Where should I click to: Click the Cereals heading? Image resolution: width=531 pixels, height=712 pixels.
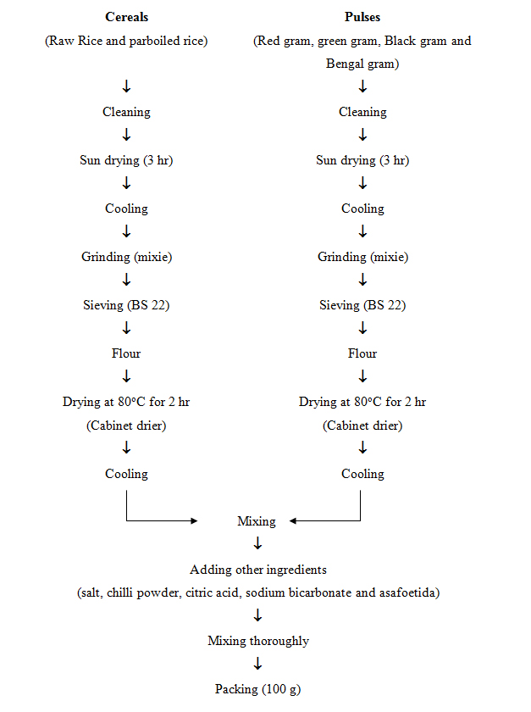point(127,17)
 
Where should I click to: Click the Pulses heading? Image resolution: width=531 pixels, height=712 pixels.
point(362,17)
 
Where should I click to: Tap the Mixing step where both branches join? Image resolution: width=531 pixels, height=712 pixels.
point(257,521)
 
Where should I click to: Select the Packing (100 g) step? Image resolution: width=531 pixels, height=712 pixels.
point(257,689)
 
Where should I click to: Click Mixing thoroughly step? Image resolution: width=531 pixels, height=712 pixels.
point(258,641)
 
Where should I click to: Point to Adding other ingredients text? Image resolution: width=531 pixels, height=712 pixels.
point(258,570)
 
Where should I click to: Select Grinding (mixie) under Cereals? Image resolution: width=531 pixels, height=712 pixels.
point(127,257)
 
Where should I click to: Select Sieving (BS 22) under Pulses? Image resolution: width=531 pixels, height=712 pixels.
point(362,305)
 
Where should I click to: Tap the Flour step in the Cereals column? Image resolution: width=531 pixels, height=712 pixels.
point(126,353)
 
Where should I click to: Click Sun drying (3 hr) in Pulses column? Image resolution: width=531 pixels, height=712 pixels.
point(362,160)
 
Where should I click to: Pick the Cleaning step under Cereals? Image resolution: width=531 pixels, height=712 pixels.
point(127,112)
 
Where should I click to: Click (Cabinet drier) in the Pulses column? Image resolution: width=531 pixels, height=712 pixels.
point(362,426)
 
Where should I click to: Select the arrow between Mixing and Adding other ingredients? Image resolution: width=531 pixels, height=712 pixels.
point(257,543)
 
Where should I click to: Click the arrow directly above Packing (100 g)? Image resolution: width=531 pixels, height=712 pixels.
point(257,664)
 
